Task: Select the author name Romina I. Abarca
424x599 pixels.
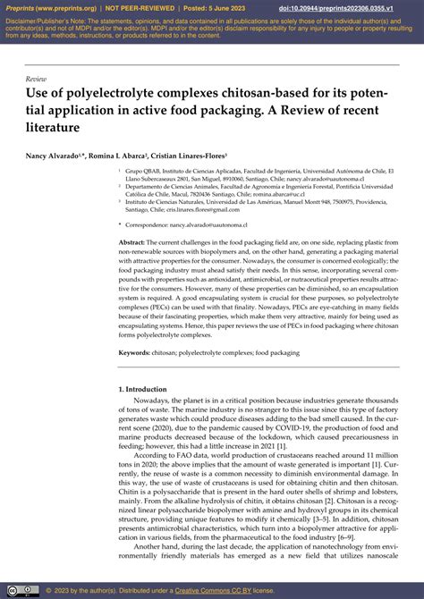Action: (x=119, y=155)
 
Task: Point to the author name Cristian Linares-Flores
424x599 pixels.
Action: (x=191, y=155)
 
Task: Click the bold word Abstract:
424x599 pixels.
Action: (x=131, y=242)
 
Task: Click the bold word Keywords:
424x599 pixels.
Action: (x=134, y=353)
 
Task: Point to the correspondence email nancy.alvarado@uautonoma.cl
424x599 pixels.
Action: (x=215, y=226)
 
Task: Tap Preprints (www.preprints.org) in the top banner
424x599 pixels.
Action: (x=49, y=8)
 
